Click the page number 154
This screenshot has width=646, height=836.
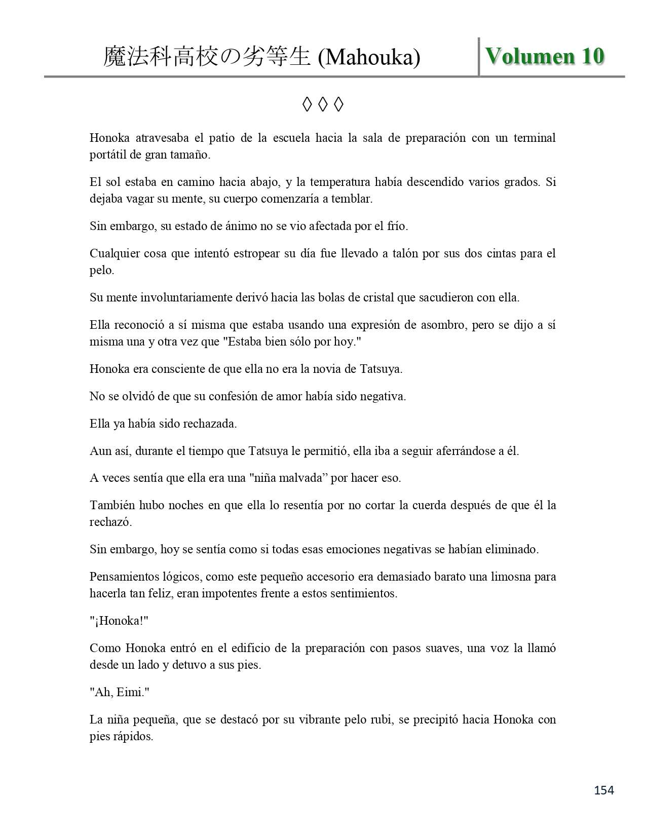[604, 790]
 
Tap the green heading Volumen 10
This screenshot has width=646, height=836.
[545, 56]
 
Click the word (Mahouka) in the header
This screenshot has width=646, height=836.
[369, 58]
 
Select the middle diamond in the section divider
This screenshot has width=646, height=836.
[323, 104]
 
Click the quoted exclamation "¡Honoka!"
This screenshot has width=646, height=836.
[119, 621]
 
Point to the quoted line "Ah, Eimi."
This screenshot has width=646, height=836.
[120, 692]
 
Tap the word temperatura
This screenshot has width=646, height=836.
[348, 182]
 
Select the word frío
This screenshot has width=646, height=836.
[396, 226]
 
